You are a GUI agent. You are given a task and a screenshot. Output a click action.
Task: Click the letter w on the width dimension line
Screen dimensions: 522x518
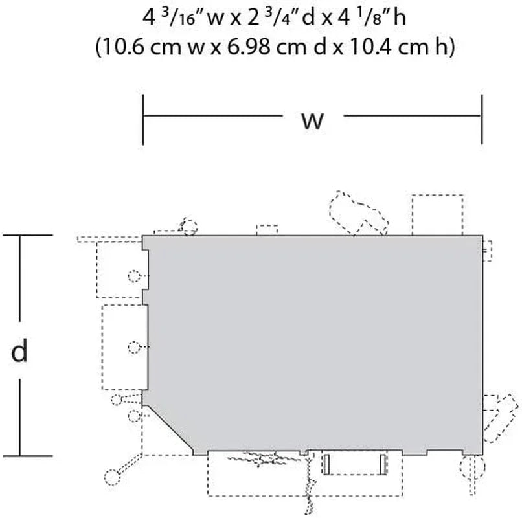(312, 120)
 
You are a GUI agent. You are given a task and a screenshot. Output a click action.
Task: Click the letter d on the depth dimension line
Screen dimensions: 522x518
(19, 350)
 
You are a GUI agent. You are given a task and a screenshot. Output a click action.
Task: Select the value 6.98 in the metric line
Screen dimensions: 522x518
(248, 46)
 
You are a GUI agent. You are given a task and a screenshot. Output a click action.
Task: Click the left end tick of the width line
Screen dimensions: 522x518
(143, 120)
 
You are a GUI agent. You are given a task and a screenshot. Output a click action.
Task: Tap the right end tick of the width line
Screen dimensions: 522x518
(482, 119)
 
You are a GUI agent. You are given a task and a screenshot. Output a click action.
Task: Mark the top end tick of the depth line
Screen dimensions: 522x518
(27, 235)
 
